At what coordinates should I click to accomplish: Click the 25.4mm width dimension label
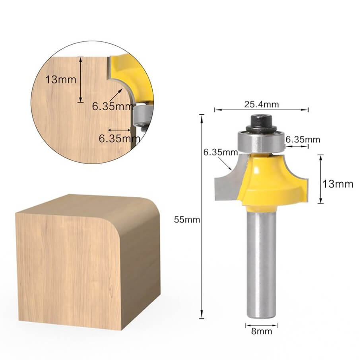(x=261, y=104)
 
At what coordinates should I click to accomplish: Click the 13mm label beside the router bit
(x=338, y=184)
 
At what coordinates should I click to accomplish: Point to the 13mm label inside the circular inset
(x=61, y=79)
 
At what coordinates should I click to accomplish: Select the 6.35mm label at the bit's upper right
(x=303, y=139)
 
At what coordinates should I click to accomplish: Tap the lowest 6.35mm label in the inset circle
(x=119, y=139)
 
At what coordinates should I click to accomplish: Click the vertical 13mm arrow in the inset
(x=81, y=79)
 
